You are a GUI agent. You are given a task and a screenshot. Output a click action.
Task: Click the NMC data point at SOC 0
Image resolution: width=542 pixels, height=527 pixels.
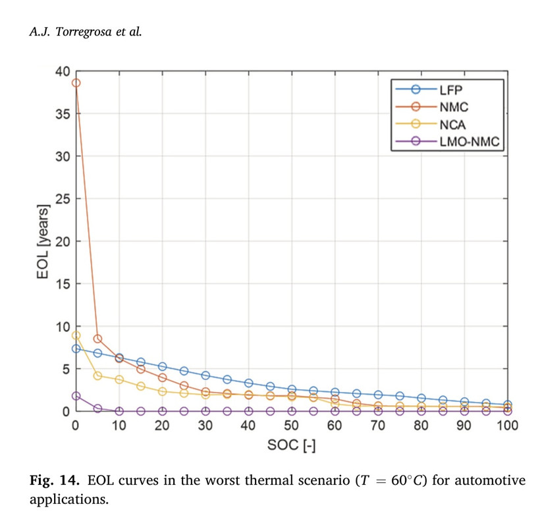[x=76, y=83]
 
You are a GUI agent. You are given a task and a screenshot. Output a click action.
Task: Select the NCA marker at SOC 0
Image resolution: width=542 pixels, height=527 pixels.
[x=76, y=335]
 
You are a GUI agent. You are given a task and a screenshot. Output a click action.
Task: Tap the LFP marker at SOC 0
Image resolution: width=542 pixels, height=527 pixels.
[x=76, y=348]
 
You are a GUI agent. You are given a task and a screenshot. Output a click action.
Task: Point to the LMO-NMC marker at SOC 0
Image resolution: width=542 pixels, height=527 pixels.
[x=76, y=396]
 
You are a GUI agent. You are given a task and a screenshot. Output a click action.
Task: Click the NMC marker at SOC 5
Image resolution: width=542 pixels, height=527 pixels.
[x=97, y=339]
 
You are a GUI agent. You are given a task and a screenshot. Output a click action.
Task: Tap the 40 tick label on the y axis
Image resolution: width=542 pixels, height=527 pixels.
[x=61, y=71]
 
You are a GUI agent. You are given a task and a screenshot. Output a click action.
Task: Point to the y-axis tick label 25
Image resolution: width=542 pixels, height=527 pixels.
[x=61, y=198]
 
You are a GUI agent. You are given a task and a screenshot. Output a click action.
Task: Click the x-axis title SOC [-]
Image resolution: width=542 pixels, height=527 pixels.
[x=291, y=446]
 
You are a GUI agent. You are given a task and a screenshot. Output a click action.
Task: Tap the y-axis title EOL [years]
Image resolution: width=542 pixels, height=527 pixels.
[x=43, y=241]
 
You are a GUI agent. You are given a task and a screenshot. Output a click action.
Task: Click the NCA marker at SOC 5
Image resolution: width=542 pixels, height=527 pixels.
[x=97, y=375]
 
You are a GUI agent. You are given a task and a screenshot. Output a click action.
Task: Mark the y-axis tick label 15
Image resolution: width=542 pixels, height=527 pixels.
[x=61, y=284]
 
